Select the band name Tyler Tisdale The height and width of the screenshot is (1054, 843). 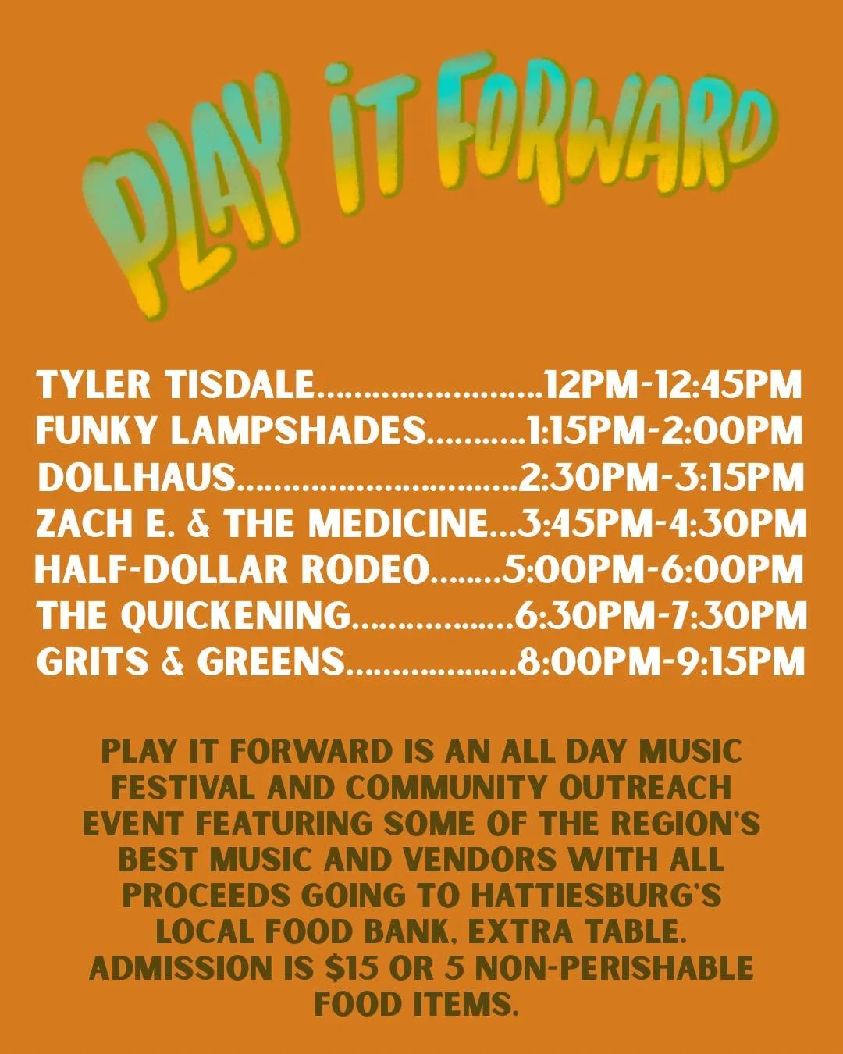[176, 385]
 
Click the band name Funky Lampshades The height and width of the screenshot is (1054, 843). [231, 431]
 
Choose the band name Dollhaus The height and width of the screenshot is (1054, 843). [137, 477]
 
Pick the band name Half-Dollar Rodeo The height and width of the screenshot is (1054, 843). [233, 570]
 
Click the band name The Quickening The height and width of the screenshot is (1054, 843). [194, 616]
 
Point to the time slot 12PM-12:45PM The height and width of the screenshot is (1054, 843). [673, 385]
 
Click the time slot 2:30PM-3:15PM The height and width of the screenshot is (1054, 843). [661, 477]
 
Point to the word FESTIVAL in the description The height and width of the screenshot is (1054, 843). [183, 788]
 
